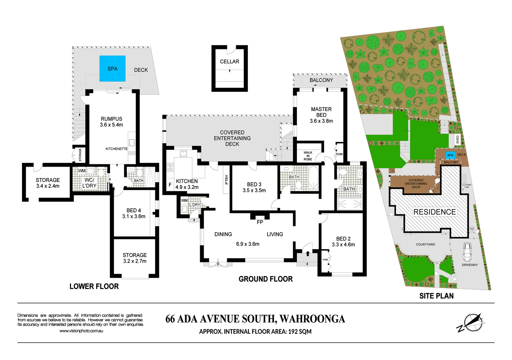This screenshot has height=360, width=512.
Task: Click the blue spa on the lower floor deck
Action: tap(112, 69)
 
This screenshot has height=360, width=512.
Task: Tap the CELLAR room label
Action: tap(229, 62)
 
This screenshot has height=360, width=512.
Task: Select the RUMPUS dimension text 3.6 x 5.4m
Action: tap(111, 125)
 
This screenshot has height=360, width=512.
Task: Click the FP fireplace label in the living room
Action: tap(260, 222)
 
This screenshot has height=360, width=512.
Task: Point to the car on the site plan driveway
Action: tap(467, 252)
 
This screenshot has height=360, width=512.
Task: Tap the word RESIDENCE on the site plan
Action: tap(434, 212)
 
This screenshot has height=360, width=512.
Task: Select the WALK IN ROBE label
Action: tap(308, 156)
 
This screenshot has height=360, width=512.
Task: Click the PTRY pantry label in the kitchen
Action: tap(227, 180)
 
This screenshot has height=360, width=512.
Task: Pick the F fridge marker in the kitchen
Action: tap(170, 185)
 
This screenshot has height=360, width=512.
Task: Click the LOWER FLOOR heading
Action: tap(94, 286)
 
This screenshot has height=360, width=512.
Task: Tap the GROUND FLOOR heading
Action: tap(266, 279)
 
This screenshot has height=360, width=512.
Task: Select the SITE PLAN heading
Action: tap(436, 296)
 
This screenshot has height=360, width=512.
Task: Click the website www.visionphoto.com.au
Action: tap(81, 331)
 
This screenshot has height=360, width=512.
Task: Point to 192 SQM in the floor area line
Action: tap(300, 332)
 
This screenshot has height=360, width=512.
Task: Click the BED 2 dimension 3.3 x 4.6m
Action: tap(343, 245)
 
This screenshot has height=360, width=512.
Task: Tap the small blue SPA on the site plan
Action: tap(450, 155)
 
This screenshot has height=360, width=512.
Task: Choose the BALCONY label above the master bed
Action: tap(321, 80)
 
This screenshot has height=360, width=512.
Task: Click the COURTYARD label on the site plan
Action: tap(425, 245)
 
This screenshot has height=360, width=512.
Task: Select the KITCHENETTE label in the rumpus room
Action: tap(116, 149)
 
